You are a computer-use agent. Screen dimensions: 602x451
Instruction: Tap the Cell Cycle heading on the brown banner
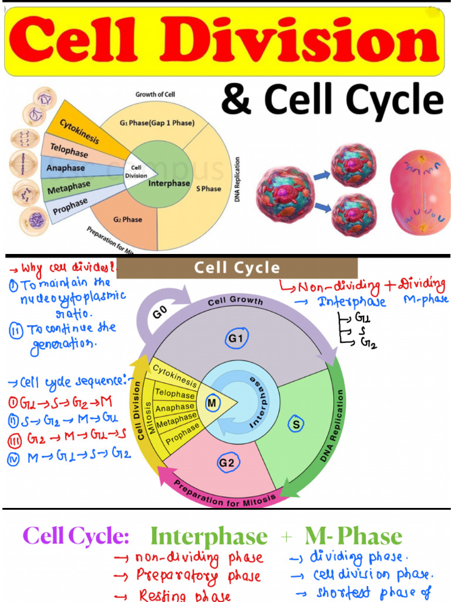237,268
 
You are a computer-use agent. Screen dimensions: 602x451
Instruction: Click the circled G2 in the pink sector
227,463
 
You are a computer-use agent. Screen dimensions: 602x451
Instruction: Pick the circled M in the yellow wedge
212,403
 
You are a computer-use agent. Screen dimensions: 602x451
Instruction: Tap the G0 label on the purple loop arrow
160,313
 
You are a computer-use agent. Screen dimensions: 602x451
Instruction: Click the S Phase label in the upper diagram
208,189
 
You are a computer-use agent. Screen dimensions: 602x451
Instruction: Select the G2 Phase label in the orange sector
127,219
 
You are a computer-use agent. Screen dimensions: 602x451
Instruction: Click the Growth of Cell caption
155,94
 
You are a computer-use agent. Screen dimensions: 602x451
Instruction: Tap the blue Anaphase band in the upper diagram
66,168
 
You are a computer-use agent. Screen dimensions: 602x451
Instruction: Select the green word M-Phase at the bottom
354,536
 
